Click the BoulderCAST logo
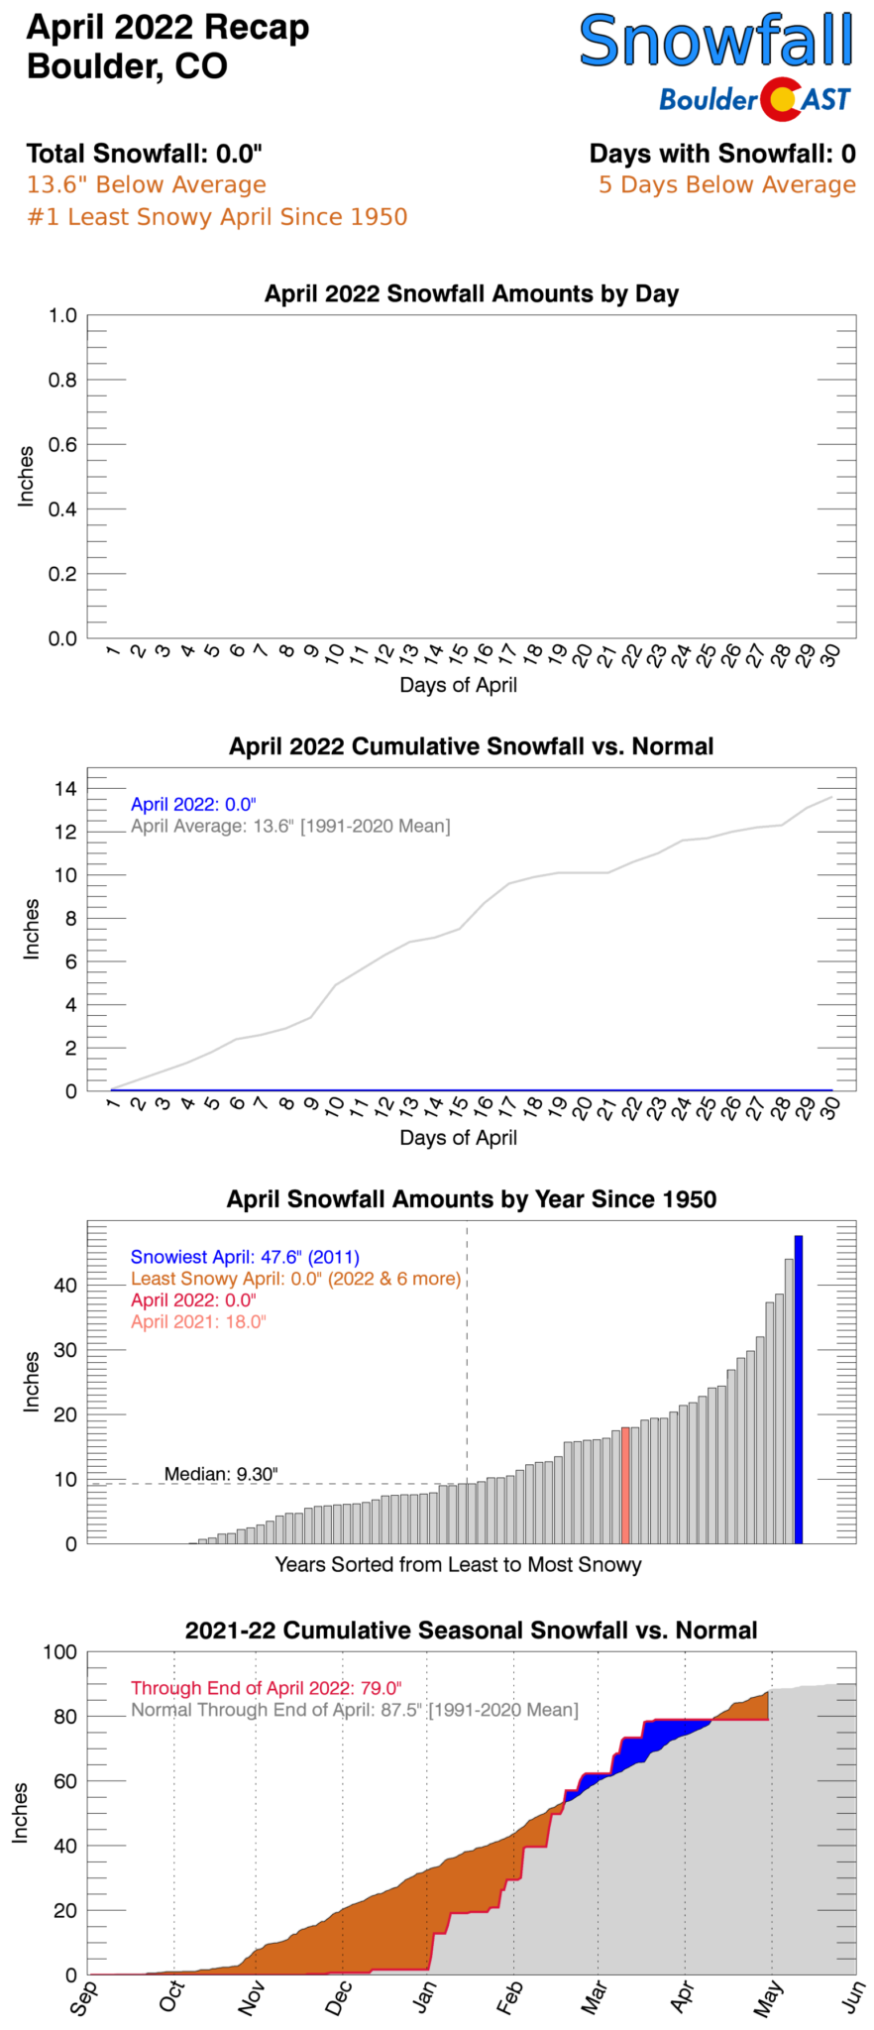pos(755,99)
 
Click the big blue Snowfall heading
pos(715,42)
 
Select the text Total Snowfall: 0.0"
pos(145,154)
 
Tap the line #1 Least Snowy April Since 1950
pos(217,217)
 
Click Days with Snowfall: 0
pos(722,154)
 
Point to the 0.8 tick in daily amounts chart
pos(62,381)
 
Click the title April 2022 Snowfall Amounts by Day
pos(471,294)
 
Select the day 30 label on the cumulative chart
pos(829,1108)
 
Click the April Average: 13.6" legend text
pos(290,826)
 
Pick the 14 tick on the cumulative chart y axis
pos(65,789)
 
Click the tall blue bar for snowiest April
pos(798,1388)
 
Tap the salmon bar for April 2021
pos(625,1485)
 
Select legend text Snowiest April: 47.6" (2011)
pos(245,1257)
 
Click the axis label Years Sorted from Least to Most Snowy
pos(458,1564)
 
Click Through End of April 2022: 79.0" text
pos(266,1688)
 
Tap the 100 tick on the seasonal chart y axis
pos(59,1651)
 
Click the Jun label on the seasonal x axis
pos(854,1997)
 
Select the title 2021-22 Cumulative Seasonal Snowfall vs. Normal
pos(471,1631)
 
